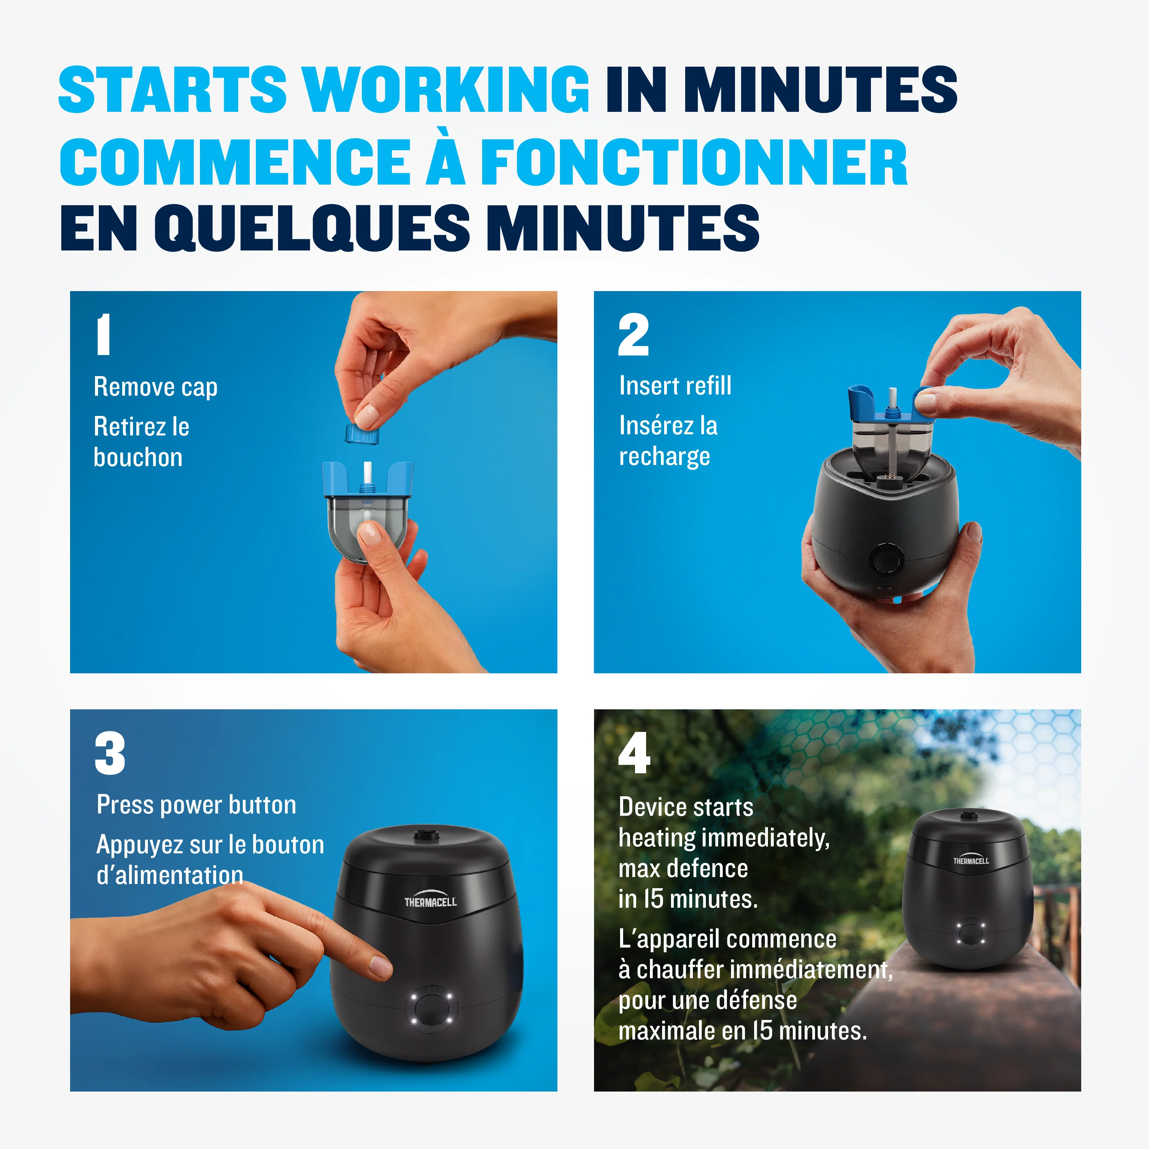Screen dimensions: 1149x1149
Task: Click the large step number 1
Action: coord(103,334)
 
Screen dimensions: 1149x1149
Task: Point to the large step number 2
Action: coord(633,334)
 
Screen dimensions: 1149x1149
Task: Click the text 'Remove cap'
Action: coord(156,387)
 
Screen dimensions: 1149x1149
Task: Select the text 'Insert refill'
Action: coord(675,385)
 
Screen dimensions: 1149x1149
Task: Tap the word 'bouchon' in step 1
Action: coord(138,457)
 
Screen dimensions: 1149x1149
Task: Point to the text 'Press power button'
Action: coord(196,805)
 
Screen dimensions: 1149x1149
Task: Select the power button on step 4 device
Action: coord(970,933)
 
